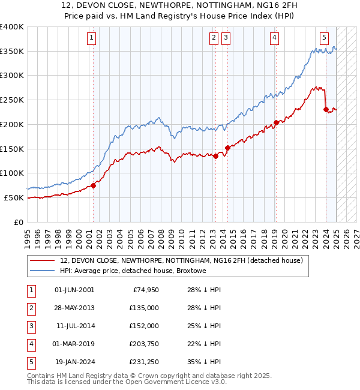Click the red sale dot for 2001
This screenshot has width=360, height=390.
[x=94, y=185]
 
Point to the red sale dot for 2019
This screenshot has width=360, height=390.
[x=276, y=122]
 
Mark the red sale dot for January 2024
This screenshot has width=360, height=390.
[x=326, y=109]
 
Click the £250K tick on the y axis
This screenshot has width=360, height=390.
[x=12, y=100]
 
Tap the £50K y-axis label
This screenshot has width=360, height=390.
[x=14, y=197]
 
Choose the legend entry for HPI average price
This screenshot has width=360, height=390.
[x=133, y=271]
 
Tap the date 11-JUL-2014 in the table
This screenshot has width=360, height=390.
[x=74, y=326]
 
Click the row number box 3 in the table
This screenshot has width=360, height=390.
[x=31, y=326]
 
